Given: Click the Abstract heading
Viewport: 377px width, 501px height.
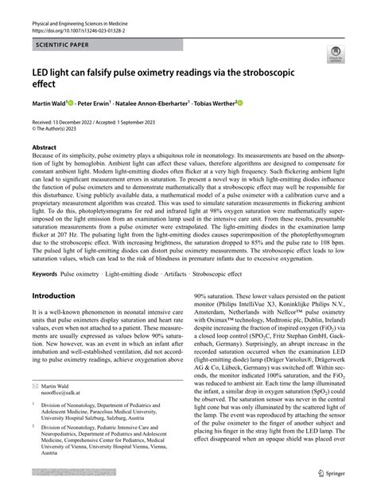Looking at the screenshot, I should pyautogui.click(x=44, y=147).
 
